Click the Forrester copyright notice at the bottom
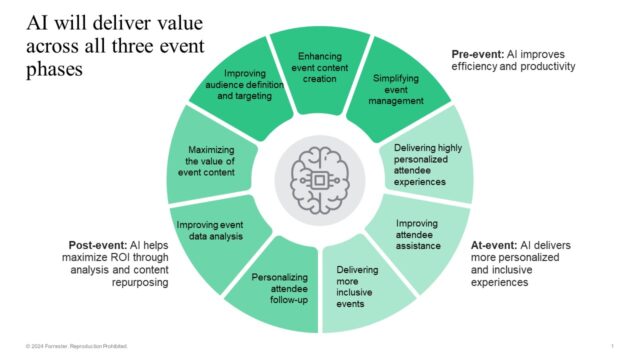click(x=70, y=346)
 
